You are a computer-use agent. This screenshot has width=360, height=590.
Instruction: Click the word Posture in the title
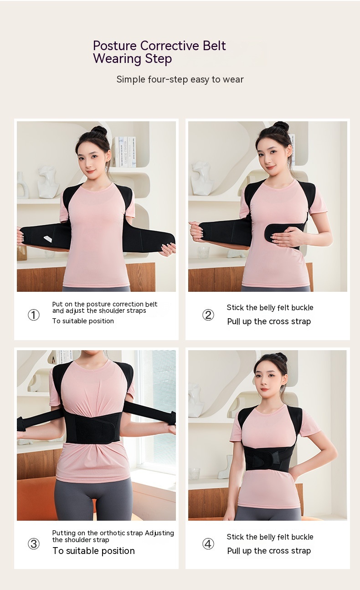coord(115,46)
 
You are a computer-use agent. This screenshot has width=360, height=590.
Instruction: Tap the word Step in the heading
coord(159,59)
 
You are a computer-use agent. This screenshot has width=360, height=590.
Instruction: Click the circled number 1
coord(34,315)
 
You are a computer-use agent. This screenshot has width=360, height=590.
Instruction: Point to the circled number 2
coord(208,315)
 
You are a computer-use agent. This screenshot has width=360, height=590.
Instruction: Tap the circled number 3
coord(34,543)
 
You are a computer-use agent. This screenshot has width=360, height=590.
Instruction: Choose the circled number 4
coord(208,543)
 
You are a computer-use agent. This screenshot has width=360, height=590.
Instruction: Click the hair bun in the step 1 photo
coord(99,131)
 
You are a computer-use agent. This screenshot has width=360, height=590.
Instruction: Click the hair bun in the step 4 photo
coord(280,357)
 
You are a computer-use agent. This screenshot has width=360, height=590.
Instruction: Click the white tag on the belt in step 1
coord(48,239)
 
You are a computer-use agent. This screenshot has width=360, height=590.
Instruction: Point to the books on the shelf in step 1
coord(125,152)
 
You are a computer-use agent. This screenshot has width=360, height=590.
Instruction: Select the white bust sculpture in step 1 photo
coord(48,182)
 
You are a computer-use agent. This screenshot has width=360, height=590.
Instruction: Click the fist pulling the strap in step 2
coord(196,231)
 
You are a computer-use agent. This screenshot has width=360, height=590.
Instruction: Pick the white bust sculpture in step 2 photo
coord(202,178)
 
